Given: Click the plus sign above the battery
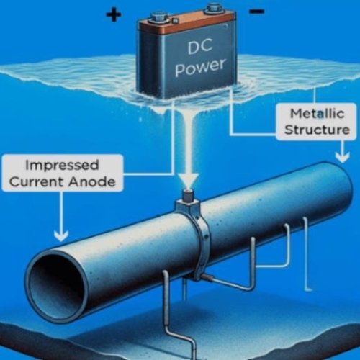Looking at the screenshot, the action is [113, 14].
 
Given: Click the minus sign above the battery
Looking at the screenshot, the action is [257, 11].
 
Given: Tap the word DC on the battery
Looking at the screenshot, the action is [200, 47].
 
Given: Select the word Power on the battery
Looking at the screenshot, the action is [200, 67].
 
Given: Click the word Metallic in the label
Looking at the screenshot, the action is [318, 114].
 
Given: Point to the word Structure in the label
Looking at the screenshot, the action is [317, 130].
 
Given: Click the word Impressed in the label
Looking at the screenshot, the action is [62, 165].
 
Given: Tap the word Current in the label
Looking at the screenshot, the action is [37, 181].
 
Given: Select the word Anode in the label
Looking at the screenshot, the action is [92, 182].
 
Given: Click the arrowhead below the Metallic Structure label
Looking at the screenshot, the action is [342, 158].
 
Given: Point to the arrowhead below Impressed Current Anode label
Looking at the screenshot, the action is [61, 235].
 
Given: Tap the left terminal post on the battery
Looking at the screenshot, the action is [160, 19].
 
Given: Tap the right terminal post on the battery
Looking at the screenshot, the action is [214, 8].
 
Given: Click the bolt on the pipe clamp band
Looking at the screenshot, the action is [206, 237].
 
